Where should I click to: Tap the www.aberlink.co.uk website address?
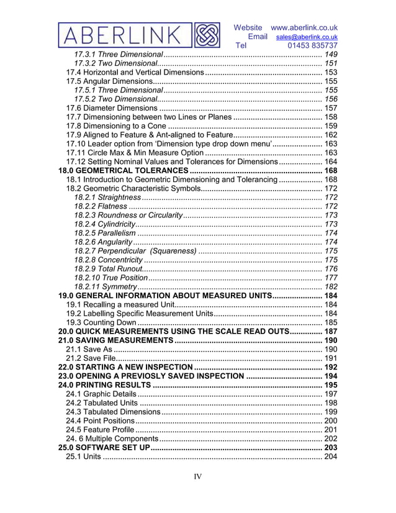304,27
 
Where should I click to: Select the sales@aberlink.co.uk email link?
307,37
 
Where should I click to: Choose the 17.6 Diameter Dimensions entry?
112,108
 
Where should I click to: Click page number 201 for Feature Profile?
331,430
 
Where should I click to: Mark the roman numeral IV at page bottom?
198,477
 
